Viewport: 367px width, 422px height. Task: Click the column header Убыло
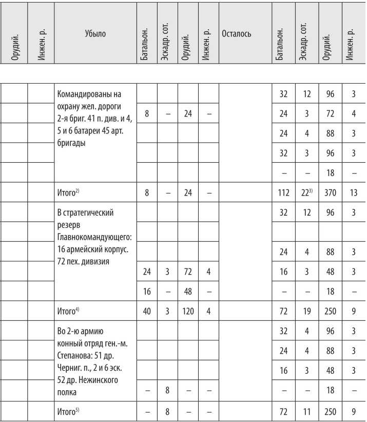pyautogui.click(x=95, y=34)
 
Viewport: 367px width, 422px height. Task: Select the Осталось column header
pyautogui.click(x=236, y=34)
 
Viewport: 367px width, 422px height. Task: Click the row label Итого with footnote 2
pyautogui.click(x=68, y=193)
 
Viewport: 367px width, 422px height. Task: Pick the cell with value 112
pyautogui.click(x=283, y=193)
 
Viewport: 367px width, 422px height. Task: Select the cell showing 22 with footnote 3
pyautogui.click(x=306, y=193)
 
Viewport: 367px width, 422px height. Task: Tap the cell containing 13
pyautogui.click(x=354, y=193)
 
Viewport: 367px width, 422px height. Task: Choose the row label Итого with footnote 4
pyautogui.click(x=68, y=311)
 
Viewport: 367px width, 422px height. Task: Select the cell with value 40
pyautogui.click(x=147, y=311)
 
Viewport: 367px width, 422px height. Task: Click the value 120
pyautogui.click(x=188, y=311)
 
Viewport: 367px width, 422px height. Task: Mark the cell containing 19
pyautogui.click(x=306, y=311)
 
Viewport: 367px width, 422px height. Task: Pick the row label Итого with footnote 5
pyautogui.click(x=68, y=411)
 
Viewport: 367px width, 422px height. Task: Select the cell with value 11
pyautogui.click(x=306, y=411)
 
